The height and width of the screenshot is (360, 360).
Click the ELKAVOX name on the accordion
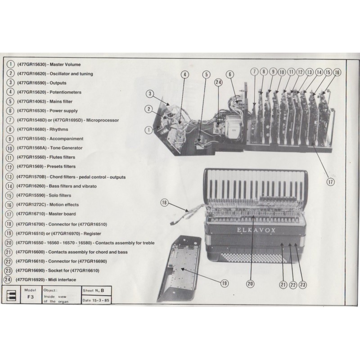coord(256,230)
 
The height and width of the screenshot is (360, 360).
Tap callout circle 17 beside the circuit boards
coord(330,182)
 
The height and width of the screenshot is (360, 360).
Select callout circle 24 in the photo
coord(218,82)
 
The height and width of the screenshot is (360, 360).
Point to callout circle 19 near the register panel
coord(224,283)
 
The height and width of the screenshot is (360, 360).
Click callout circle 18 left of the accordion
coord(164,202)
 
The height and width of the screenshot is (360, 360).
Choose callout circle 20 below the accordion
coord(250,284)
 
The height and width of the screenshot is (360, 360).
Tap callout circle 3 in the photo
coord(150,94)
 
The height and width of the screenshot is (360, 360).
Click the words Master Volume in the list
coord(65,64)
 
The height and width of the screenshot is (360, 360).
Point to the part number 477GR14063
coord(31,102)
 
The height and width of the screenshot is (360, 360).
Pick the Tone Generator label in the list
coord(66,148)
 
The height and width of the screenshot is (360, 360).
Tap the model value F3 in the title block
coord(31,297)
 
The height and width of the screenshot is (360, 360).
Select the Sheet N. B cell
coord(96,291)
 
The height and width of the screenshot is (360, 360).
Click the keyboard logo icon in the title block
coord(11,295)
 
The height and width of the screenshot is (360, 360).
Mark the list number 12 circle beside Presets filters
coord(9,166)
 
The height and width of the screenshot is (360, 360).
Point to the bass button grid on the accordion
coord(252,257)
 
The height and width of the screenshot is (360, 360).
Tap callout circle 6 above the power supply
coord(230,74)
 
